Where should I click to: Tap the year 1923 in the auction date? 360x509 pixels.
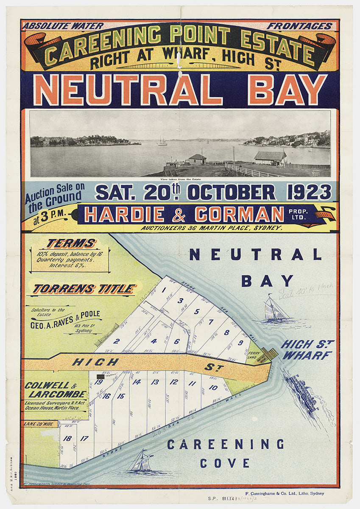point(309,192)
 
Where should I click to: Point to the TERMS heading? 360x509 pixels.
point(71,243)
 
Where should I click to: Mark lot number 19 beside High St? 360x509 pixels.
point(99,381)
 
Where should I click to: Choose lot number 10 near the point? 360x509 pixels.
point(213,387)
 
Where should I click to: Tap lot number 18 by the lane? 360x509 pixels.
point(67,438)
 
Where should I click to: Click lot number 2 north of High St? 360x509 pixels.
point(117,341)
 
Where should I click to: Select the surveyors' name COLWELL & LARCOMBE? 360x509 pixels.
point(55,389)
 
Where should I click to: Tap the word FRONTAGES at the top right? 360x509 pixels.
point(299,26)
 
